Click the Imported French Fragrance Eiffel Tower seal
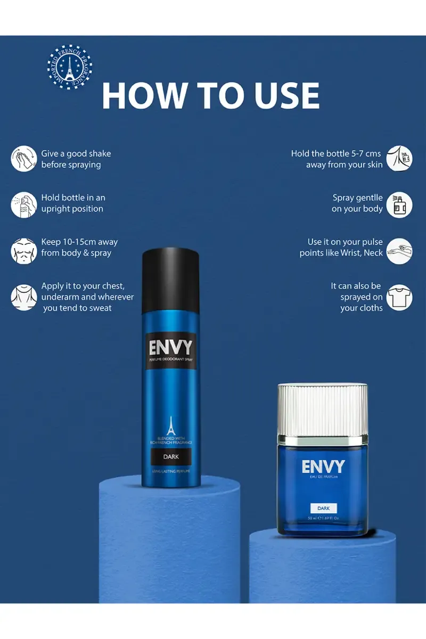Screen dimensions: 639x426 [x=70, y=67]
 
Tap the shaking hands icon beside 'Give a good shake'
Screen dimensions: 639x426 [x=24, y=159]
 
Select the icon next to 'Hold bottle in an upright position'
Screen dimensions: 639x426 [x=24, y=203]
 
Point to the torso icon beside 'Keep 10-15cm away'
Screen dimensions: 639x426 [x=24, y=248]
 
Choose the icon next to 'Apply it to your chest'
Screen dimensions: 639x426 [x=24, y=297]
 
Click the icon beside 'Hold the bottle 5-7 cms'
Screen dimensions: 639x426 [x=399, y=159]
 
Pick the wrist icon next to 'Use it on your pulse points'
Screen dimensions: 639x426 [x=399, y=251]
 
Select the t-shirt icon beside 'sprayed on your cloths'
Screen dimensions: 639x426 [x=399, y=297]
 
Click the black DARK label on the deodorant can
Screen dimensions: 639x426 [x=170, y=456]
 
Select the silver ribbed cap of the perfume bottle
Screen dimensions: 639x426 [x=323, y=408]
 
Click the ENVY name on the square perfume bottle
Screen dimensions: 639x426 [x=323, y=467]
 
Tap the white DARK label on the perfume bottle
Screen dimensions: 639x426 [x=323, y=508]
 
